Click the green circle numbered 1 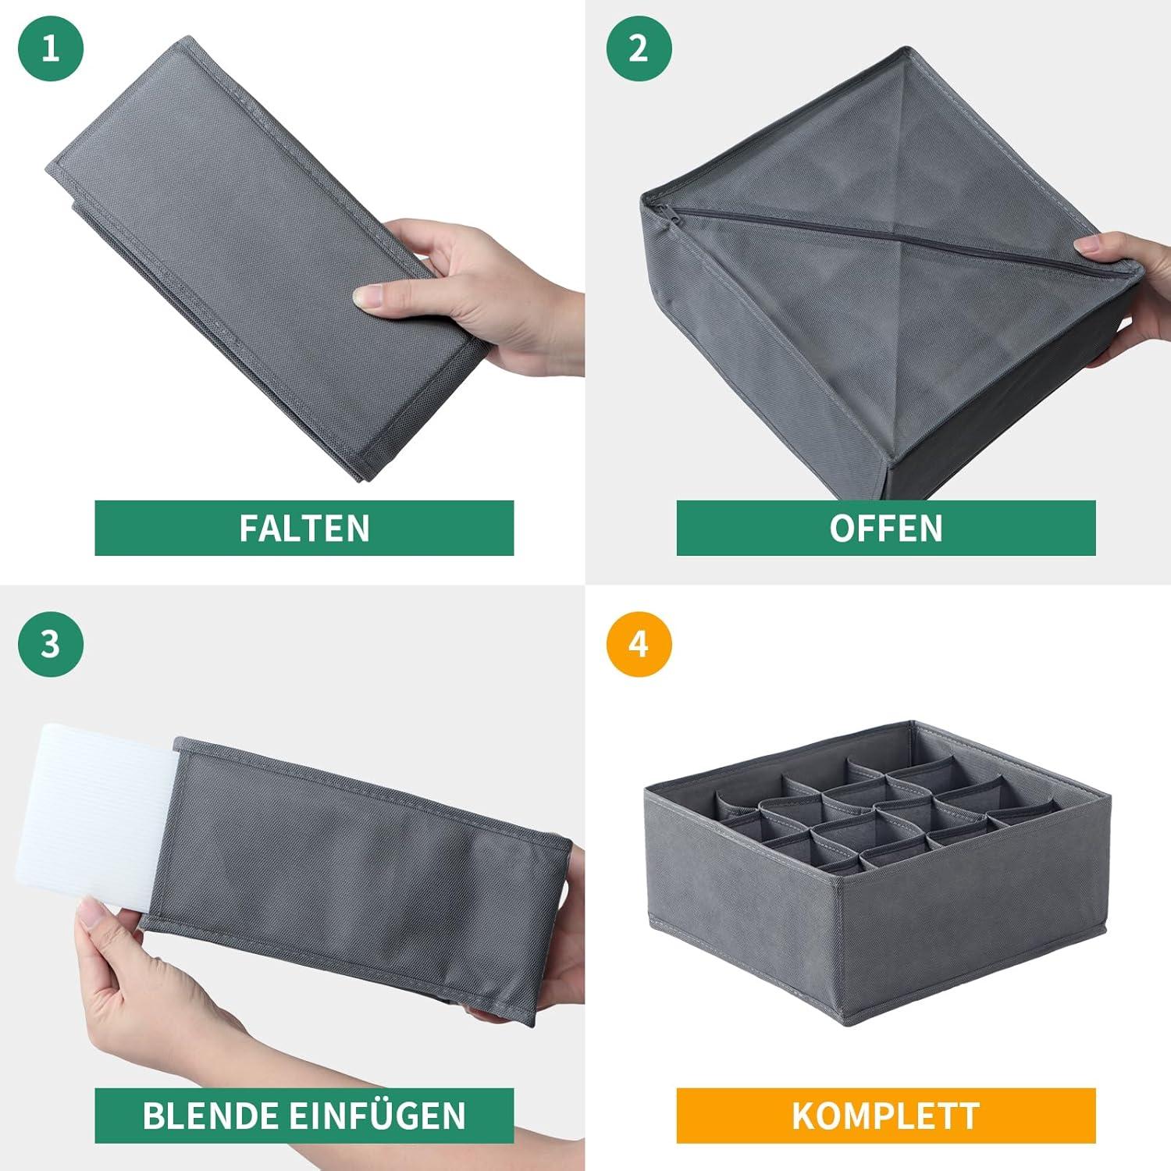click(50, 48)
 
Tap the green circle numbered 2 click(639, 48)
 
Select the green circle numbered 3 click(50, 644)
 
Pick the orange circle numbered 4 click(639, 644)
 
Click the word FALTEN click(304, 529)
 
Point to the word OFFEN click(886, 529)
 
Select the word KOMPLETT click(886, 1116)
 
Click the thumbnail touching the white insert click(94, 912)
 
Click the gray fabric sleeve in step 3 click(355, 878)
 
